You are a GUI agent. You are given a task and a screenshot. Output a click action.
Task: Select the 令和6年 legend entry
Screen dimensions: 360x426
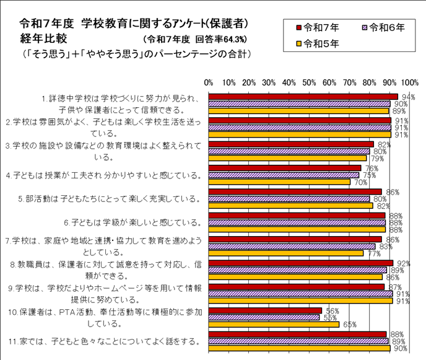tap(383, 27)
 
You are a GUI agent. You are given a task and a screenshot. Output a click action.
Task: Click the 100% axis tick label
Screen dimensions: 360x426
tap(410, 82)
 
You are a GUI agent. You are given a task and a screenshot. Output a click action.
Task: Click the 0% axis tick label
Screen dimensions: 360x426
tap(209, 82)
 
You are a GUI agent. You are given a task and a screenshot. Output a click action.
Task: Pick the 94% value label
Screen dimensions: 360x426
tap(407, 97)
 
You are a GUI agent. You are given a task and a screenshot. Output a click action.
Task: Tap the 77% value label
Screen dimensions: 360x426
tap(373, 253)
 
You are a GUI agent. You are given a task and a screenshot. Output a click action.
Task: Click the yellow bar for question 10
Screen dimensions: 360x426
tap(274, 324)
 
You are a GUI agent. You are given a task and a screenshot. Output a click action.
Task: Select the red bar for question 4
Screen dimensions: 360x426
tap(285, 168)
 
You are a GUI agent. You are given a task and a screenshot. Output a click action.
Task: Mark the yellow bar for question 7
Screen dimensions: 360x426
tap(286, 253)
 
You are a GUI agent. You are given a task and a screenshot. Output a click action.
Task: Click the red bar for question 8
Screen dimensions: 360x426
tap(301, 263)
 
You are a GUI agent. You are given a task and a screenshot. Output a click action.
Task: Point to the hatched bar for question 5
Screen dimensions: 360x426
tap(289, 199)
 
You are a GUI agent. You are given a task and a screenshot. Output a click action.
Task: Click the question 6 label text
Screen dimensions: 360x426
tap(133, 222)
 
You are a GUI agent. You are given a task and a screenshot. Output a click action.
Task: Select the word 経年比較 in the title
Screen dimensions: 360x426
tap(43, 38)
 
